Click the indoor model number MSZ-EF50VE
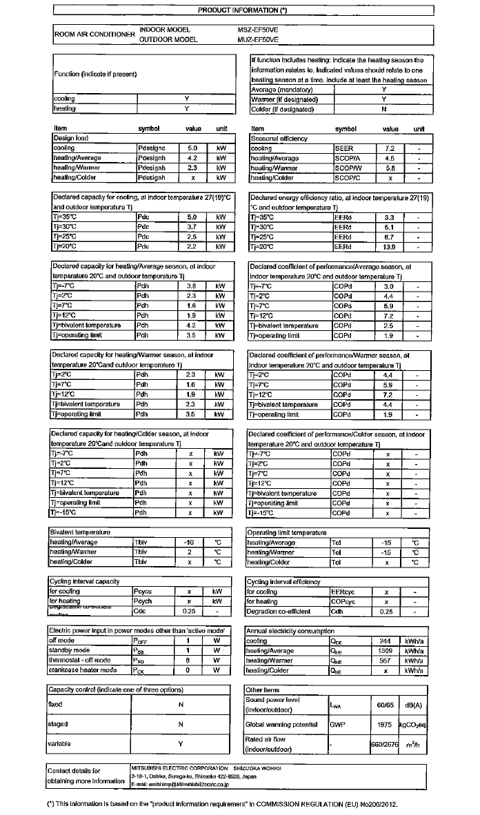[x=258, y=30]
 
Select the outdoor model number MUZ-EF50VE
[x=258, y=40]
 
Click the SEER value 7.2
[x=389, y=148]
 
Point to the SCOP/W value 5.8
[x=389, y=168]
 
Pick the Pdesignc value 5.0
[x=192, y=148]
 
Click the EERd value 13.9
[x=389, y=246]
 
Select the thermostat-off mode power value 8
[x=188, y=660]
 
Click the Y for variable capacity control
[x=181, y=744]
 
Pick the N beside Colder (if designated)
[x=383, y=109]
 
